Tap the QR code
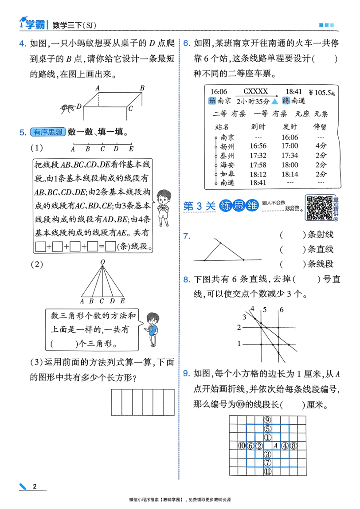click(x=319, y=207)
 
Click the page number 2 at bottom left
click(x=35, y=487)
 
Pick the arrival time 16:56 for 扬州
click(x=258, y=146)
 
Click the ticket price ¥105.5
click(x=323, y=93)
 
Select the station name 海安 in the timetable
click(x=227, y=164)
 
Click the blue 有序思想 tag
click(x=48, y=132)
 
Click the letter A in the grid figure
click(x=275, y=445)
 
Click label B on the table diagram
click(x=142, y=89)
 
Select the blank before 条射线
click(x=293, y=235)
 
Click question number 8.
click(x=187, y=280)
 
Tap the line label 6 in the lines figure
click(x=281, y=309)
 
